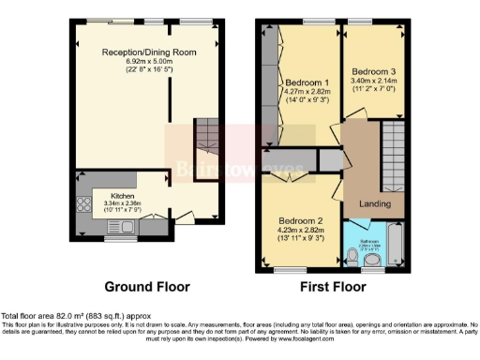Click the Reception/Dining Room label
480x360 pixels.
point(149,52)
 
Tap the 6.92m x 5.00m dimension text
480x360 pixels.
point(149,62)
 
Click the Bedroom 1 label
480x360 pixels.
point(307,82)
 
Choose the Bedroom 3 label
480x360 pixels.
point(372,70)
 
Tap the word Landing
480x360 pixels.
point(376,203)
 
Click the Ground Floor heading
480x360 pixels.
point(146,287)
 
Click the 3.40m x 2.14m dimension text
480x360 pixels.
point(372,81)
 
